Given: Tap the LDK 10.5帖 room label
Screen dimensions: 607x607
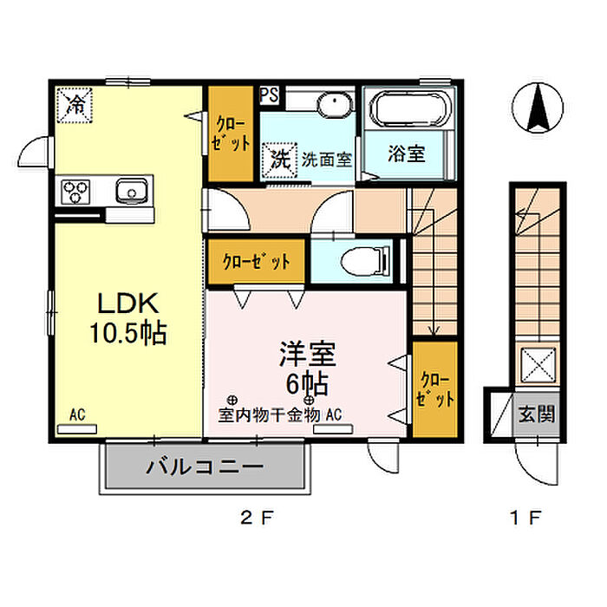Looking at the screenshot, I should click(x=126, y=317).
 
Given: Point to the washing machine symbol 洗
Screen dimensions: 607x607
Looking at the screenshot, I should click(x=278, y=159).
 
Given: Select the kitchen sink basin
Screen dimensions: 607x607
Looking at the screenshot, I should click(x=132, y=189).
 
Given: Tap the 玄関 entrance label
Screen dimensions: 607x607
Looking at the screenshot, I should click(x=537, y=414).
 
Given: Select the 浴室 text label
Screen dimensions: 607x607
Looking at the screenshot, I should click(x=407, y=155).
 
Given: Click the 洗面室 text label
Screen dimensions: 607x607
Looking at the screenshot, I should click(x=327, y=160).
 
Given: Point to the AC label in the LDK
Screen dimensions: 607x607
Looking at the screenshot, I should click(x=78, y=416).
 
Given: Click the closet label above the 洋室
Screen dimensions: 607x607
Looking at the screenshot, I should click(x=255, y=260).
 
